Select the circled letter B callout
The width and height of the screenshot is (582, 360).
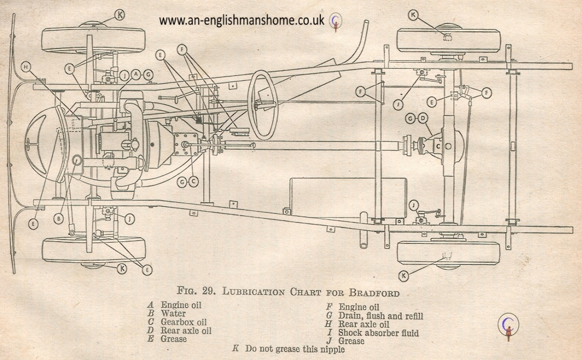58,219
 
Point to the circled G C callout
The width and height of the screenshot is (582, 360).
188,181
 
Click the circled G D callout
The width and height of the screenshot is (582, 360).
417,119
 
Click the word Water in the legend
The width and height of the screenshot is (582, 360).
173,313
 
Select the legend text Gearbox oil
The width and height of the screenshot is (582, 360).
183,322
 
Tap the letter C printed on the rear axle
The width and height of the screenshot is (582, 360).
437,146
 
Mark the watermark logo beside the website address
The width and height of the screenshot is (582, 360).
336,20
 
